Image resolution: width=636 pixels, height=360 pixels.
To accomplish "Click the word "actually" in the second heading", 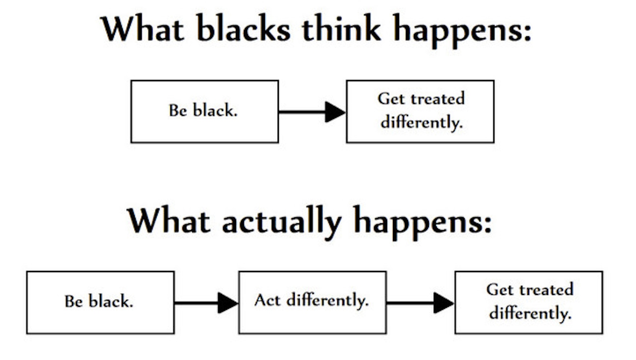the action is (282, 222).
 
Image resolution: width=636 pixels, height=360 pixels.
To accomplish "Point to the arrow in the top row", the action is (312, 112).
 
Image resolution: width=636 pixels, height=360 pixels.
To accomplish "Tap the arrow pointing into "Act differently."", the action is (206, 303).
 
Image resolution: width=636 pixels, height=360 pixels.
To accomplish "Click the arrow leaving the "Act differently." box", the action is (420, 303).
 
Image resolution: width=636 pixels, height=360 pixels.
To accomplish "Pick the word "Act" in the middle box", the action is (267, 300).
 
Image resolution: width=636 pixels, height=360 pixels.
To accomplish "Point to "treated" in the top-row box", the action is (437, 99).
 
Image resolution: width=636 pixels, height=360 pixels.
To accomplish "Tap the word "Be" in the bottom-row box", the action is (73, 301).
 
